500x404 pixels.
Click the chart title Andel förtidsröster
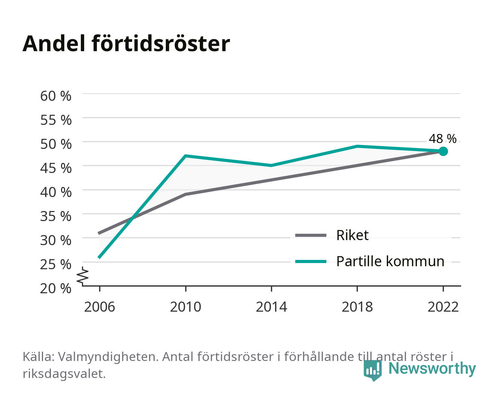126,44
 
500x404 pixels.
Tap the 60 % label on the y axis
56,96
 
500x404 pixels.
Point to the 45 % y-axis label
56,168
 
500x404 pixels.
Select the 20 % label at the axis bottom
56,288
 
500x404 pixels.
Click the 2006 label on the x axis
100,307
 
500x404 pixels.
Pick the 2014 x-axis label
271,307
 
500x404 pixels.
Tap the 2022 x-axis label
443,307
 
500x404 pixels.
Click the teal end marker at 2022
443,151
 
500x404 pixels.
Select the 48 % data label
442,138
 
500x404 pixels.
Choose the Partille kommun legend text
390,261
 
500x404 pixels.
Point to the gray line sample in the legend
311,235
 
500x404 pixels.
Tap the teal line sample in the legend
311,261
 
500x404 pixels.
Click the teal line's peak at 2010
186,156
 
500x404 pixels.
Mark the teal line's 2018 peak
357,146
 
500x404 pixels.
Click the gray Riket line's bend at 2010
186,194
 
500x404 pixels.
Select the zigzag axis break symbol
83,276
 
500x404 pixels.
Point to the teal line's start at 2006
100,257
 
